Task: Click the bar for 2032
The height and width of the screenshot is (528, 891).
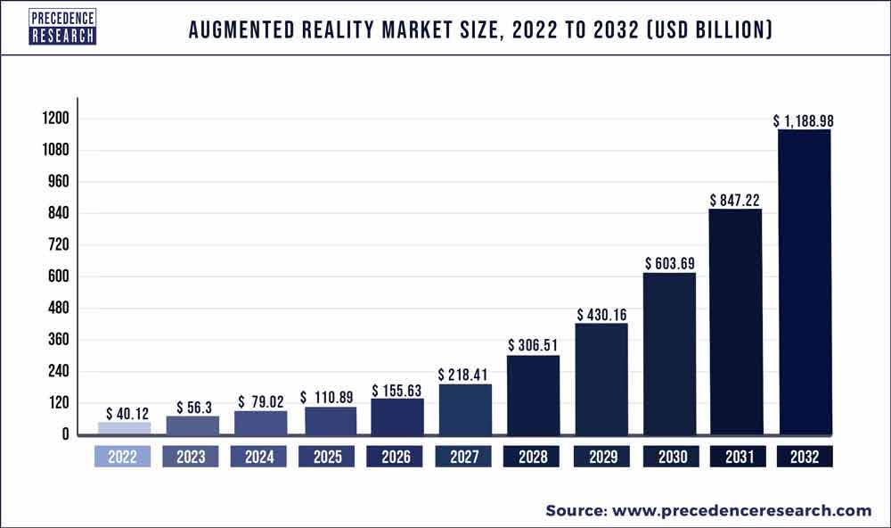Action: [x=805, y=282]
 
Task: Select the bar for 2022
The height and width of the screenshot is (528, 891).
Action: [x=124, y=428]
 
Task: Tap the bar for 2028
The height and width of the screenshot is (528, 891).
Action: [x=533, y=394]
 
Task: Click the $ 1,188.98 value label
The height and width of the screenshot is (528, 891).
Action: [x=804, y=120]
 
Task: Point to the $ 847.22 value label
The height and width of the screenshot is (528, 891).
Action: [x=736, y=200]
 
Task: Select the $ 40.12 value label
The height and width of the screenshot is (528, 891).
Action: [x=124, y=414]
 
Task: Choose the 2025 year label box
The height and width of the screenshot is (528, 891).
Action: [x=328, y=458]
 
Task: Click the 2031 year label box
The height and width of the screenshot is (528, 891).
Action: [x=736, y=458]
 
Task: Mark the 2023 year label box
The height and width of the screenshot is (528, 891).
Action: [x=192, y=458]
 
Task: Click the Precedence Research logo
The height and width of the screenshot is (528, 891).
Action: [x=61, y=28]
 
